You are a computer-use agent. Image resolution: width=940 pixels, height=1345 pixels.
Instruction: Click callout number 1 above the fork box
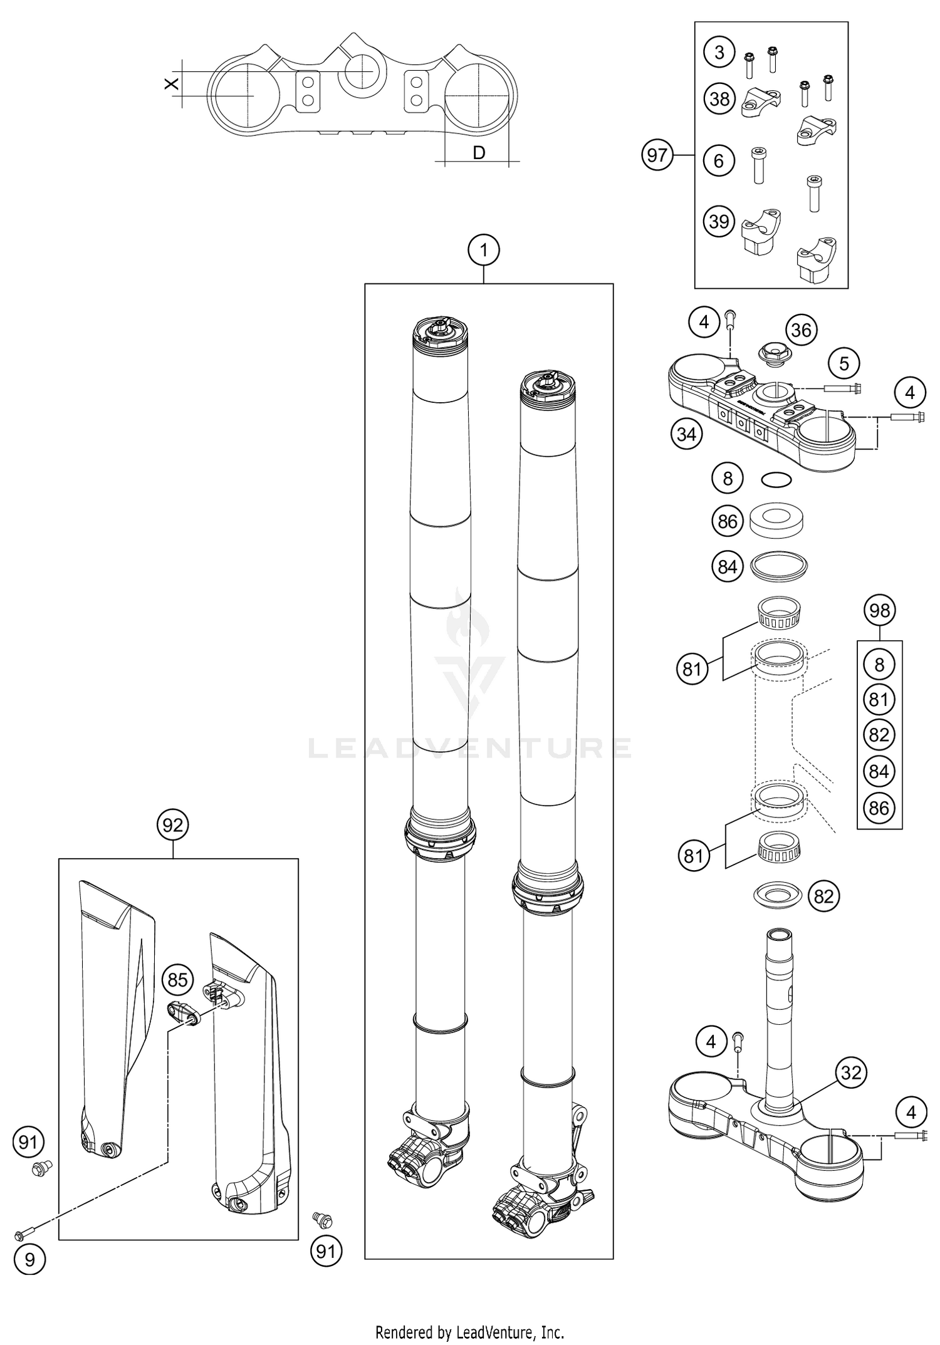point(483,251)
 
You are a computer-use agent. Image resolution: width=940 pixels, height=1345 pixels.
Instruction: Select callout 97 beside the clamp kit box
point(657,154)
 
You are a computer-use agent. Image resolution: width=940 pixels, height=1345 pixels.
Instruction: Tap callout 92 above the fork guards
point(172,825)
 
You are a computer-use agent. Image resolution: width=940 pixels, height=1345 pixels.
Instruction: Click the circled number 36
point(802,330)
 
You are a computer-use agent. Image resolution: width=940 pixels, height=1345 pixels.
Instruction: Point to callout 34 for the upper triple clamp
point(686,434)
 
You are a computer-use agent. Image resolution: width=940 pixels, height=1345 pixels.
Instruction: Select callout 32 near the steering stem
point(850,1073)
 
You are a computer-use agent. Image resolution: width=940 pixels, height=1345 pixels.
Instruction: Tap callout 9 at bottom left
point(29,1259)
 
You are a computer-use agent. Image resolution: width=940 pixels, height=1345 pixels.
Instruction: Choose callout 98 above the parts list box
point(879,610)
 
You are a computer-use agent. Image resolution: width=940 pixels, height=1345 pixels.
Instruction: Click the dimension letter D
point(479,152)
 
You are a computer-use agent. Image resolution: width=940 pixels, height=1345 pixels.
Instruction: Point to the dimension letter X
point(171,83)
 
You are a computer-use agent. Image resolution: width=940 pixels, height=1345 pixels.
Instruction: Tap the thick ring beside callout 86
point(778,521)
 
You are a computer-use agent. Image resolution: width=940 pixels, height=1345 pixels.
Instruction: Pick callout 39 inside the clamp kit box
point(719,221)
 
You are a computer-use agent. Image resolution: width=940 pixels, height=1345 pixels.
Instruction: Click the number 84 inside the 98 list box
point(879,772)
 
